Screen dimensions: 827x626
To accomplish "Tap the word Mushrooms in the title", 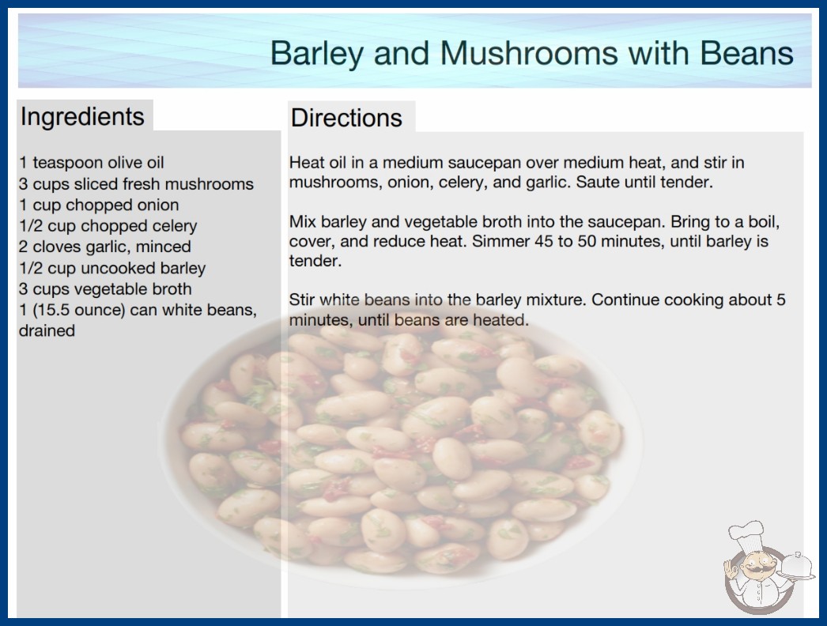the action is pos(528,53).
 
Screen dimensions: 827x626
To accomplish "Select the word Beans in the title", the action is pos(747,53).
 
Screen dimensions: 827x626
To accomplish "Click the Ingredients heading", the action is pos(82,116).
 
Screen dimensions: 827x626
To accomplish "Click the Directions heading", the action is pos(346,118).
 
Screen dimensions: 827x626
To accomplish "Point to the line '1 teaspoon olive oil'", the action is pos(92,163).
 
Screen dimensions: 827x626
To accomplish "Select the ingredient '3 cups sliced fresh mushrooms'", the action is pos(136,183).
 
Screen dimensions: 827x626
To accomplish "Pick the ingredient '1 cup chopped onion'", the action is pos(99,205).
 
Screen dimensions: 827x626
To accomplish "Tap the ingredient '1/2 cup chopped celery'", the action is pos(108,226).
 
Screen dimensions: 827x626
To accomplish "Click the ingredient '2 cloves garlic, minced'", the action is pos(105,247).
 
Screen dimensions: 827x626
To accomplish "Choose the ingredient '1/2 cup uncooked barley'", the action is pos(112,268).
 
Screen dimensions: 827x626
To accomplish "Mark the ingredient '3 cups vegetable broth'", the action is pos(105,288).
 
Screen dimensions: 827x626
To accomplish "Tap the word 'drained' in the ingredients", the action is pos(47,330).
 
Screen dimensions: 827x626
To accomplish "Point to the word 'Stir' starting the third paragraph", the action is pos(302,300).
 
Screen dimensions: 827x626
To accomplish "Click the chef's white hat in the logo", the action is pos(747,534).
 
